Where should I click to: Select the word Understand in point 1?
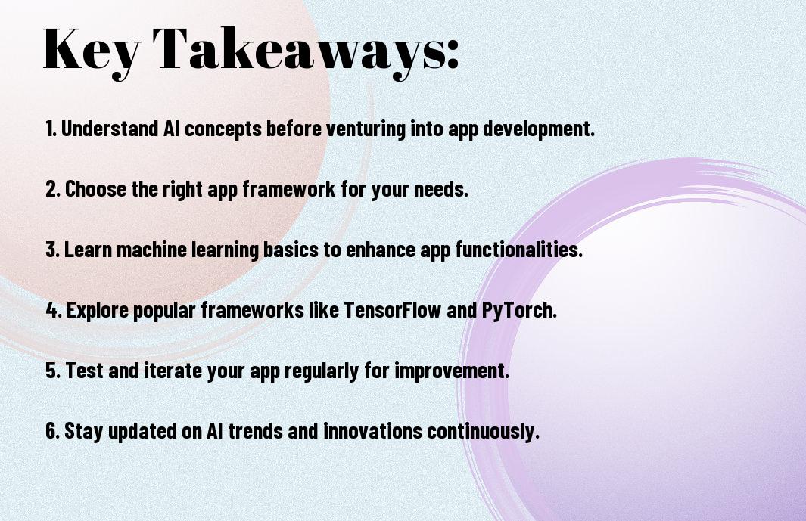[x=110, y=128]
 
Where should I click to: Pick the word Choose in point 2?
[x=95, y=188]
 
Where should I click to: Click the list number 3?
[x=52, y=250]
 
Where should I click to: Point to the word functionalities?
[x=518, y=250]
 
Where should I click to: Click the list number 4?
[x=53, y=310]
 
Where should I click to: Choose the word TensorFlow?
[x=392, y=310]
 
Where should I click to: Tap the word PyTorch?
[x=519, y=311]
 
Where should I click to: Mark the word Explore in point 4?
[x=98, y=311]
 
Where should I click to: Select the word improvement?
[x=452, y=371]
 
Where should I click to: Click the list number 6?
[x=52, y=430]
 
